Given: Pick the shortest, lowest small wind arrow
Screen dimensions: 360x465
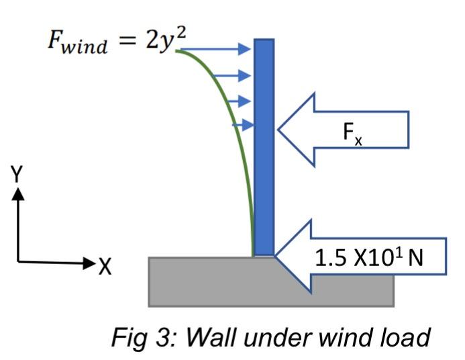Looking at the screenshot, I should tap(243, 125).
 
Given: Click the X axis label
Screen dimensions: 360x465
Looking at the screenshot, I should tap(105, 267).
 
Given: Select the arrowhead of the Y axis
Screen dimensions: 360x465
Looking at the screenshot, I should tap(17, 192).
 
